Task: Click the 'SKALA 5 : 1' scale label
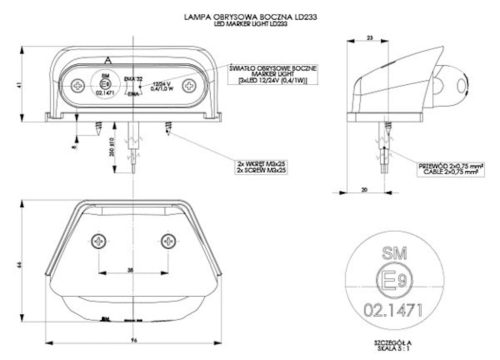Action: point(391,350)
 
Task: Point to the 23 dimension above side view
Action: point(369,37)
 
